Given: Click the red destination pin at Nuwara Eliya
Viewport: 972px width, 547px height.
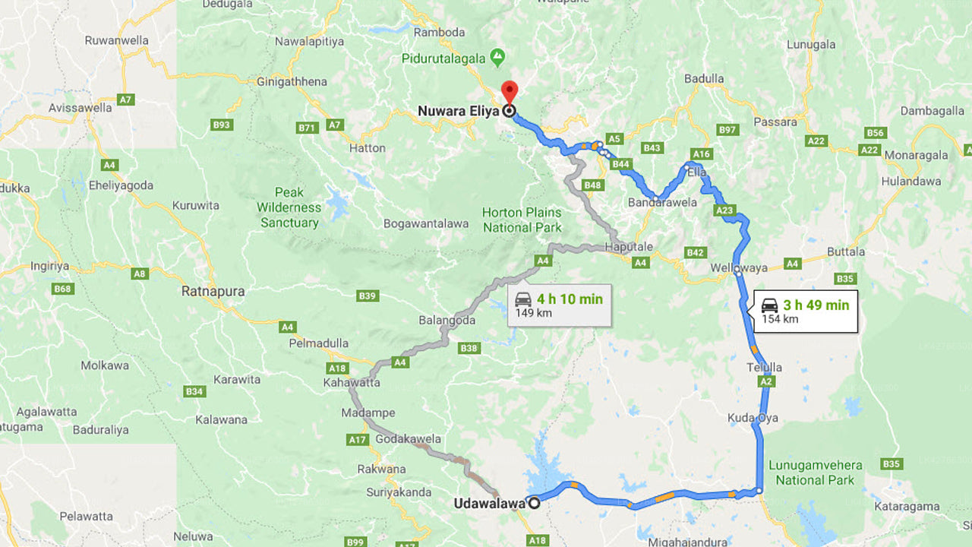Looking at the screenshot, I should (510, 91).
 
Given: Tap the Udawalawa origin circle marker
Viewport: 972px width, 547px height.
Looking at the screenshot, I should (535, 503).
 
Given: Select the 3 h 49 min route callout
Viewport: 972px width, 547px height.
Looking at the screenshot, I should (805, 311).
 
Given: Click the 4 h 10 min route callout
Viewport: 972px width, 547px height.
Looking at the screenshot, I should (559, 305).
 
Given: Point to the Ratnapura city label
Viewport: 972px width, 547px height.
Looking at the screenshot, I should (213, 291).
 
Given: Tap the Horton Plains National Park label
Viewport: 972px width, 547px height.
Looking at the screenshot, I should (522, 220).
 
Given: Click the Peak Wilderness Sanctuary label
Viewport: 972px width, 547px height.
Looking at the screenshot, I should (289, 207).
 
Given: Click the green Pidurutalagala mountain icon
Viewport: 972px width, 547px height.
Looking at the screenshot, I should (497, 56).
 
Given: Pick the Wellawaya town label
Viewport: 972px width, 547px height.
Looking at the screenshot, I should (739, 267).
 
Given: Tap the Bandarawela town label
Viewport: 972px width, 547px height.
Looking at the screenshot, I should (662, 203).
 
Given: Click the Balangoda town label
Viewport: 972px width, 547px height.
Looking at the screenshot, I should (447, 321).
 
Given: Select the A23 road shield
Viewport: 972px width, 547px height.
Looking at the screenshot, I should (724, 210).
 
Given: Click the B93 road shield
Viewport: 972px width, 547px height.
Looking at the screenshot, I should (221, 125).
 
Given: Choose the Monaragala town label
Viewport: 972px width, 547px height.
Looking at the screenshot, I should (915, 155).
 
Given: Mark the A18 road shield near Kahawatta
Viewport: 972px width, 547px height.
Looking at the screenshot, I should (337, 368).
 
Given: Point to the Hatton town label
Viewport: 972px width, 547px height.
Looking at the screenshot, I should (368, 148).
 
